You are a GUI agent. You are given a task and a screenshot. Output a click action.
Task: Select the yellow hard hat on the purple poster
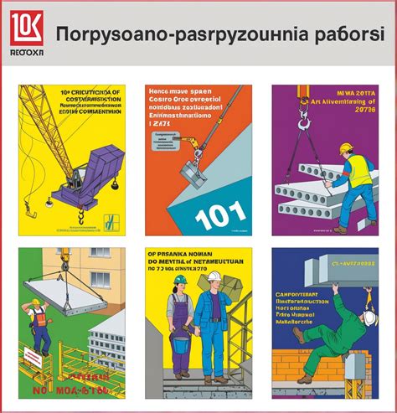(346, 148)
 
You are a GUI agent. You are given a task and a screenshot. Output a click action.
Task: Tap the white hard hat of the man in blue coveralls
(214, 276)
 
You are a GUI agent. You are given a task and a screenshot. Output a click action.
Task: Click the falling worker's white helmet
(369, 320)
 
